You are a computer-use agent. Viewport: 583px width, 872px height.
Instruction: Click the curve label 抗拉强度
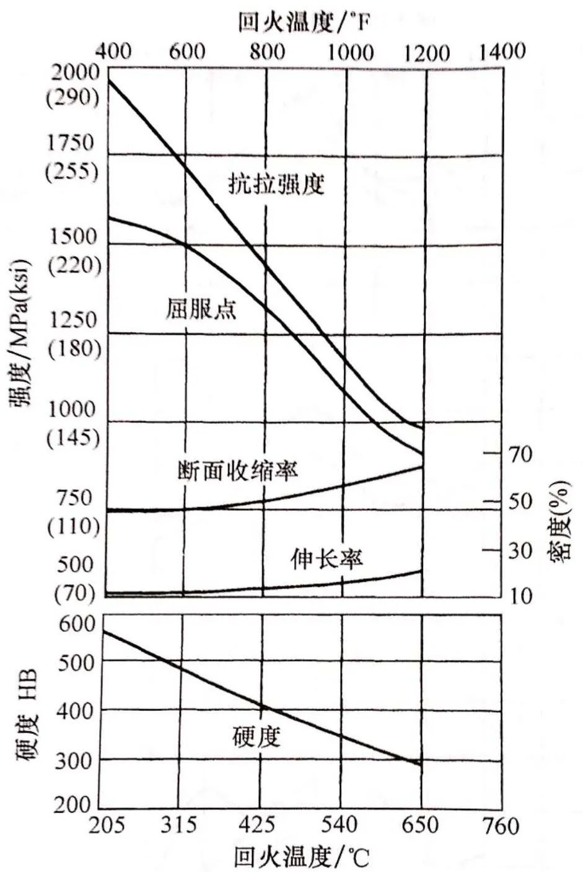(276, 185)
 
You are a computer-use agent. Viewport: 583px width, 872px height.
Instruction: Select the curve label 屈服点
(201, 308)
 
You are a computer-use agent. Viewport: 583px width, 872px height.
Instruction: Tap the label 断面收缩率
(237, 470)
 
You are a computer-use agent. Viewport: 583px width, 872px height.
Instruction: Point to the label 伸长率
(327, 559)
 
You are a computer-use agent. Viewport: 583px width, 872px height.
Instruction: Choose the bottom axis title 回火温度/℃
(301, 858)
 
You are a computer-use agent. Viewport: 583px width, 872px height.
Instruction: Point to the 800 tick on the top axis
(267, 51)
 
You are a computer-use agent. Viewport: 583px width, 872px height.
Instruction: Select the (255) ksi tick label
(72, 170)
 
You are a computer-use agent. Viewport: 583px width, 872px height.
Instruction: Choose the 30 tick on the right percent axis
(520, 550)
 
